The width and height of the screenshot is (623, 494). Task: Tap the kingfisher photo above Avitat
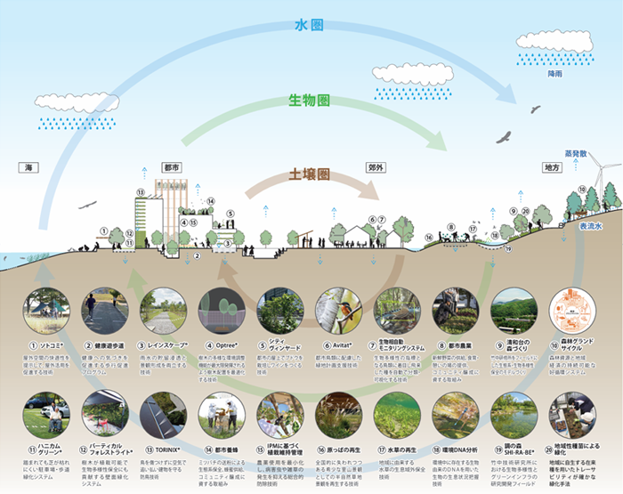click(x=333, y=311)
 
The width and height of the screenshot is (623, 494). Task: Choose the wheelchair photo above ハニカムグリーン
click(x=46, y=414)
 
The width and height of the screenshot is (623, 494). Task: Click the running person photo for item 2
click(x=103, y=311)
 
